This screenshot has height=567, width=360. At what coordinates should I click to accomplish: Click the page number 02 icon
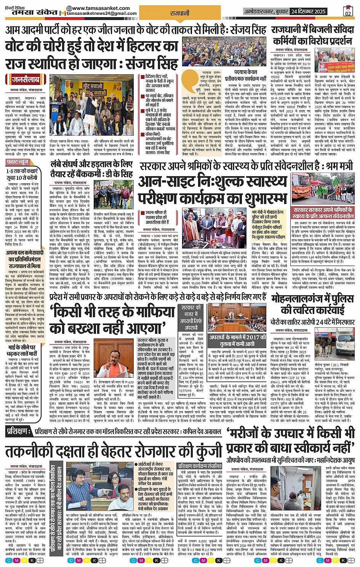(347, 11)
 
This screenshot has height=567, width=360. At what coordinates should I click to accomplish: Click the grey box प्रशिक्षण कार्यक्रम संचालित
(200, 466)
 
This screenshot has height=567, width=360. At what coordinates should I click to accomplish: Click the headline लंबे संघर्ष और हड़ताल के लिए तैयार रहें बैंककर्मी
(91, 169)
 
